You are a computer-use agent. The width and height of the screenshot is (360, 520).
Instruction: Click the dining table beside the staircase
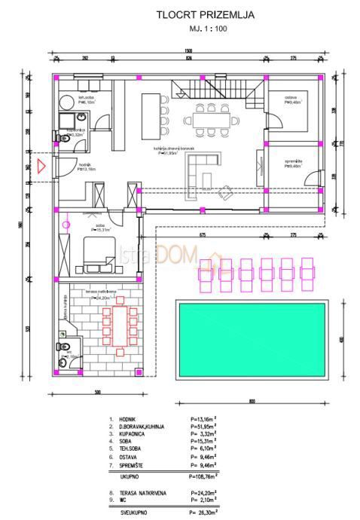click(x=209, y=119)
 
